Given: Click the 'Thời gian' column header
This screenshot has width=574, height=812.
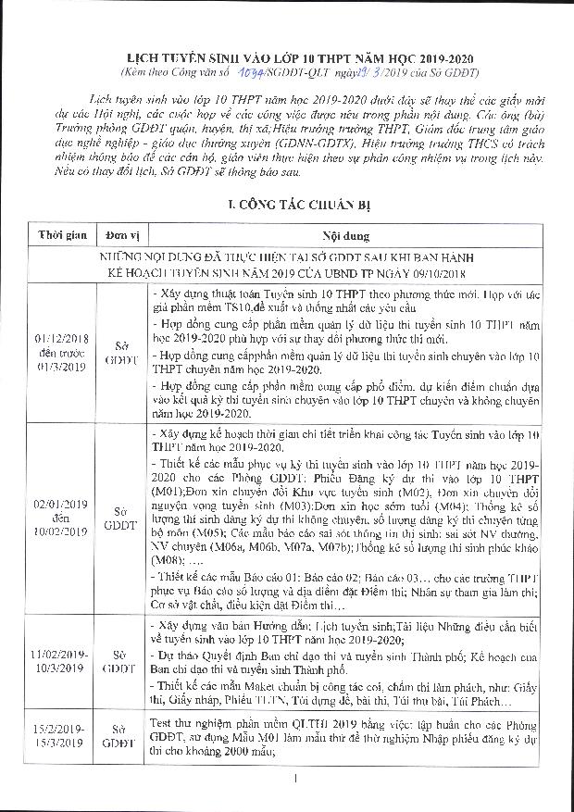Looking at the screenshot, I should point(60,236).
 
